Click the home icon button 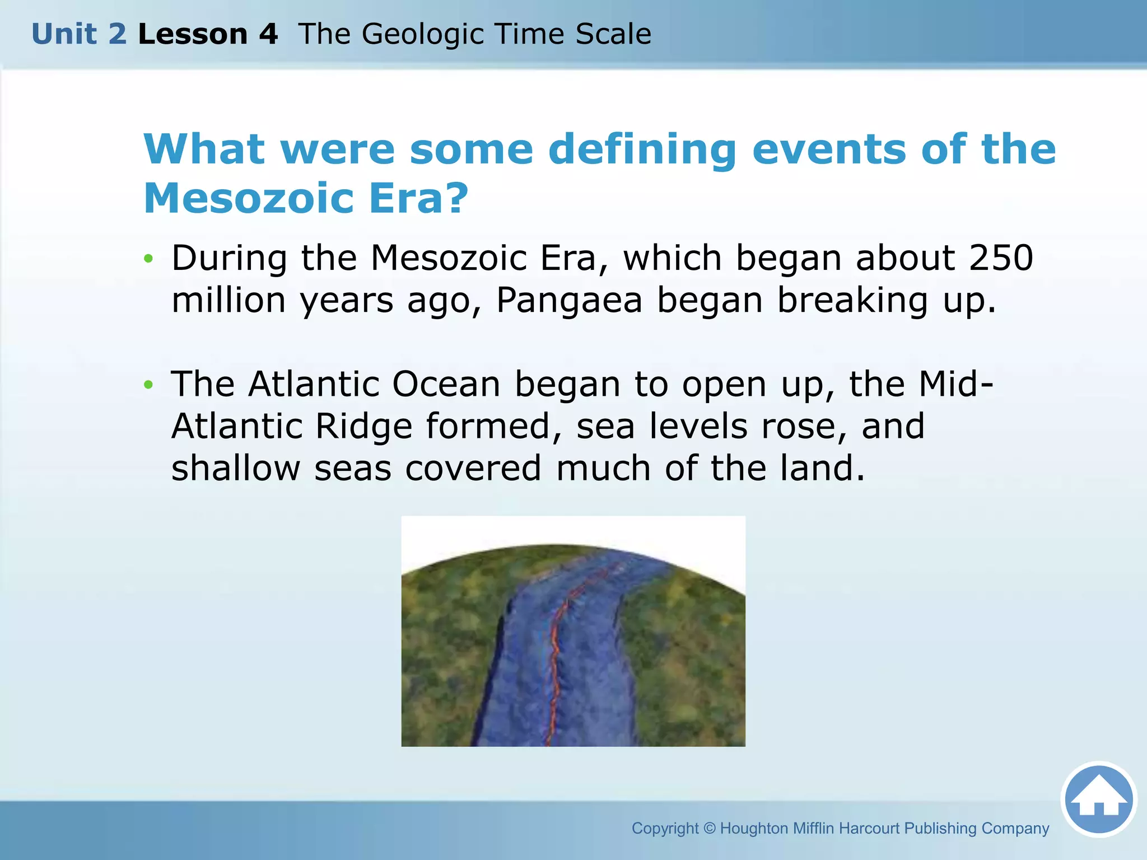[1099, 799]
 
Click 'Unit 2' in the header [79, 34]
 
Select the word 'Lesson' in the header [192, 34]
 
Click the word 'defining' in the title [642, 150]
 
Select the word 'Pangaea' [569, 300]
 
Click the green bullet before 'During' [148, 259]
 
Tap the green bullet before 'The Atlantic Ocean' [148, 385]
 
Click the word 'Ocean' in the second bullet [446, 385]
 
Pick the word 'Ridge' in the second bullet [363, 427]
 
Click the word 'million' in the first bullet [229, 300]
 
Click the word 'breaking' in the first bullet [852, 300]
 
